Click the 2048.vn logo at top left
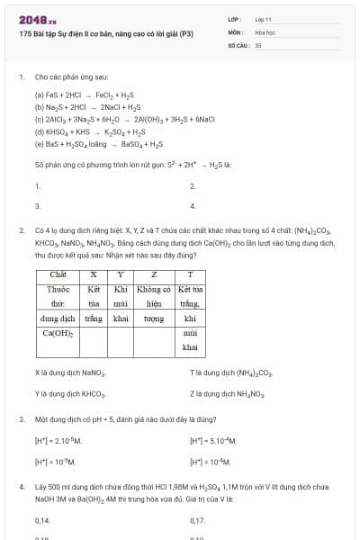[37, 19]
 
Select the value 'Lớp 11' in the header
[264, 19]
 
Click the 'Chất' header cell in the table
[58, 274]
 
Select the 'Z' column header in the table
[154, 274]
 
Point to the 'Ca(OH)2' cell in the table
[58, 332]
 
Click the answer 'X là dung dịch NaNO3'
[70, 373]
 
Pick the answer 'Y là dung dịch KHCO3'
[70, 393]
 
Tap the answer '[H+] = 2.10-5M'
[58, 440]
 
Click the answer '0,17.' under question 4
[197, 520]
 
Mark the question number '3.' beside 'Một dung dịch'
[21, 419]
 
